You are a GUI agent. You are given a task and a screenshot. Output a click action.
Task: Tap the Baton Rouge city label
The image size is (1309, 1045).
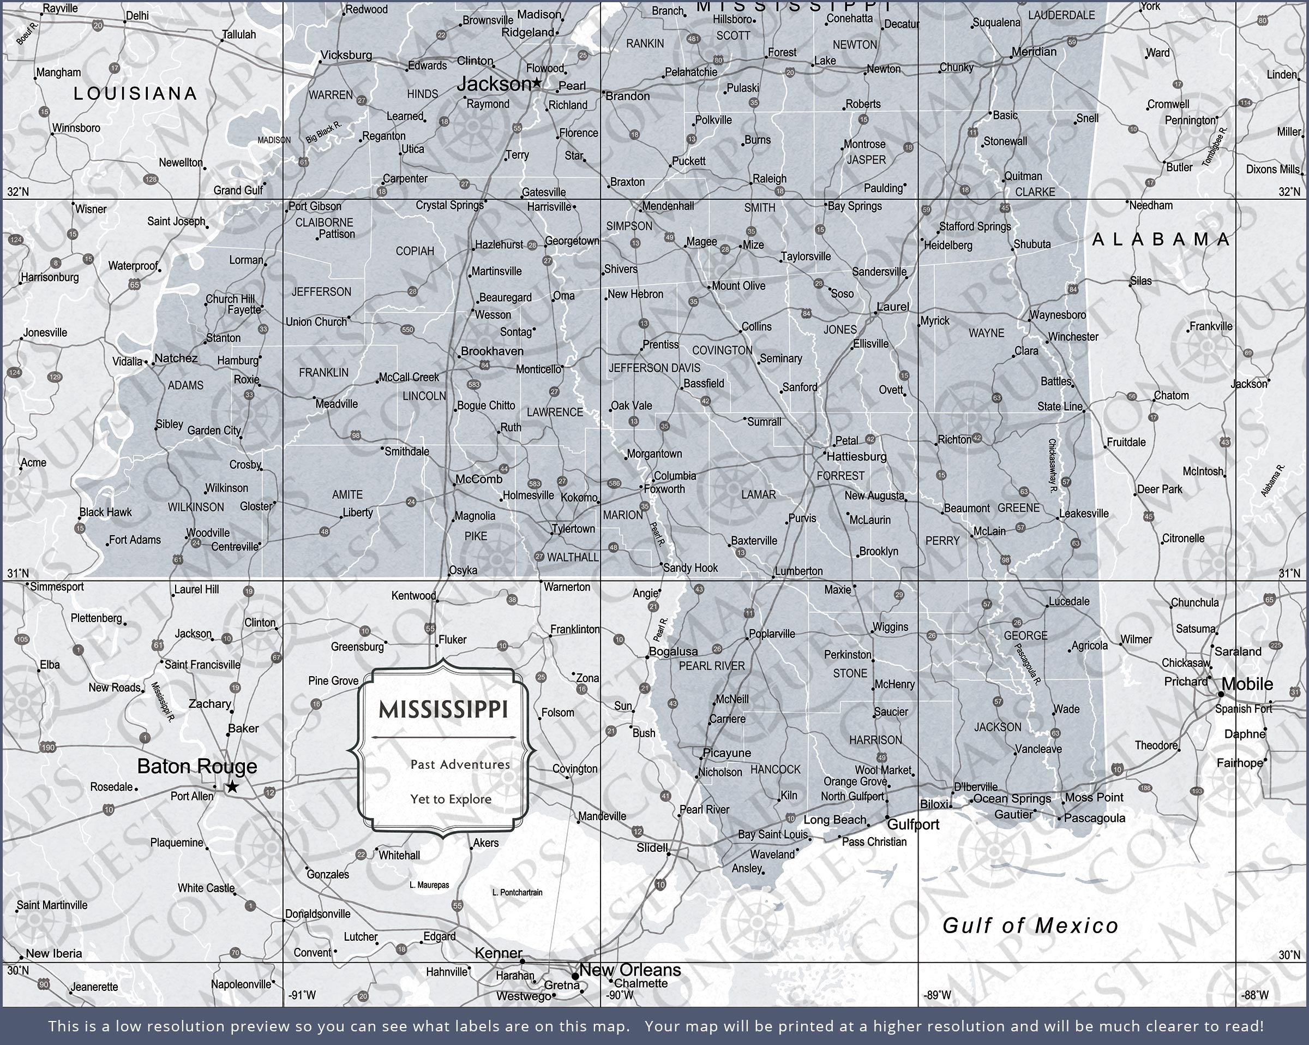click(197, 766)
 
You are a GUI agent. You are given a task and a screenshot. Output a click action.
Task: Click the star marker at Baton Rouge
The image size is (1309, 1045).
click(232, 787)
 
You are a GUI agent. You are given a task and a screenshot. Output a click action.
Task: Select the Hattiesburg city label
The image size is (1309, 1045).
click(856, 456)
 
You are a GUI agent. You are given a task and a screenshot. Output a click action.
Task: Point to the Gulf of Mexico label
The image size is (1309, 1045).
click(1030, 926)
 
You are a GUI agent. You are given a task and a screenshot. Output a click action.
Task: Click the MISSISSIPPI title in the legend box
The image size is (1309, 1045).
click(443, 709)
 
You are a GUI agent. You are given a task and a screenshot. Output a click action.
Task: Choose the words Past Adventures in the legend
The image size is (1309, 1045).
click(460, 765)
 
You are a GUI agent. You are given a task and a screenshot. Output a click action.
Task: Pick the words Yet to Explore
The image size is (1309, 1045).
click(451, 799)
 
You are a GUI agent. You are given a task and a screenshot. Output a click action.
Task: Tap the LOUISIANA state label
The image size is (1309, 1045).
click(135, 93)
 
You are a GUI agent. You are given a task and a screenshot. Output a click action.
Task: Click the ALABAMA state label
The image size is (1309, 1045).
click(1160, 240)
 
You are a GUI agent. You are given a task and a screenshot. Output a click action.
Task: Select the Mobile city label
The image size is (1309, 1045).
click(1246, 684)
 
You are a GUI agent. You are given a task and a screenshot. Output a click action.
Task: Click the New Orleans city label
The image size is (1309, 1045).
click(629, 970)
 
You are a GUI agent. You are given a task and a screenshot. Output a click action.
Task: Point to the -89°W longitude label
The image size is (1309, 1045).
click(937, 995)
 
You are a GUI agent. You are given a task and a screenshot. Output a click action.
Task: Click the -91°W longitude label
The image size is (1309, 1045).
click(302, 995)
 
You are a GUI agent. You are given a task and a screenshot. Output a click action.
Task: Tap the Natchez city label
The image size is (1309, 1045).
click(176, 359)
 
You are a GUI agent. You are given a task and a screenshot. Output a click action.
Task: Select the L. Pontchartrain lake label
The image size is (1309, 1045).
click(517, 893)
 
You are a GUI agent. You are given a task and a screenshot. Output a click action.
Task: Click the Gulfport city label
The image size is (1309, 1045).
click(912, 825)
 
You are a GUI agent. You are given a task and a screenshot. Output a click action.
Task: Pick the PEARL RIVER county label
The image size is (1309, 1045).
click(711, 666)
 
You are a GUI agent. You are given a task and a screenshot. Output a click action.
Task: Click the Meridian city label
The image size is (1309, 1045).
click(1034, 52)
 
